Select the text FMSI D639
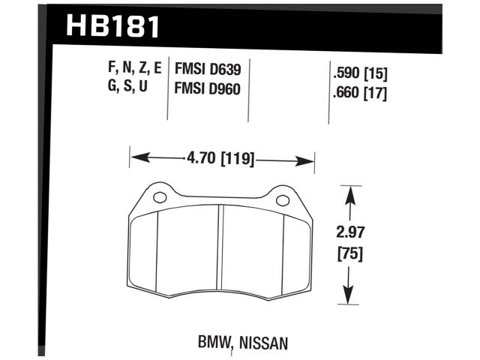click(x=207, y=70)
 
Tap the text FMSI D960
click(x=207, y=88)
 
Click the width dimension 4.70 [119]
click(x=221, y=159)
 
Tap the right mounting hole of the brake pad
click(x=282, y=200)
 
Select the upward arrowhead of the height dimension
click(x=348, y=194)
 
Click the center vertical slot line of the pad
click(x=220, y=247)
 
